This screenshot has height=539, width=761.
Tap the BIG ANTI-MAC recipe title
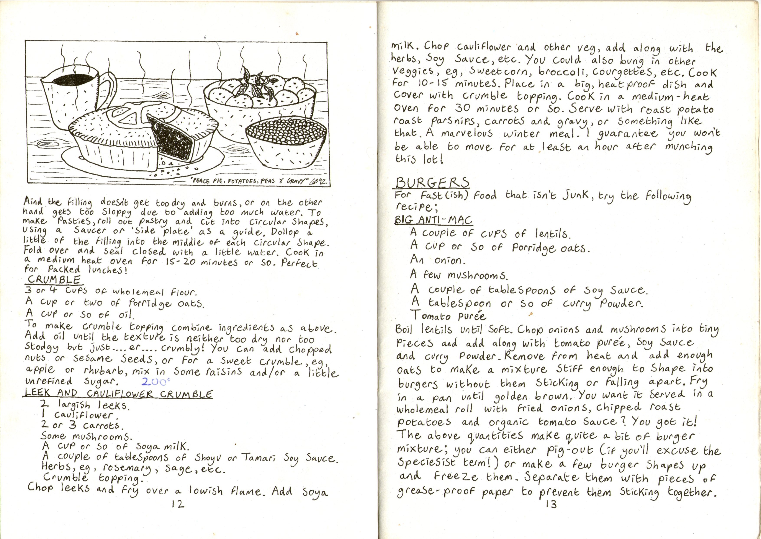pyautogui.click(x=433, y=220)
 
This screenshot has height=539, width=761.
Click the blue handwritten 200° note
pyautogui.click(x=155, y=382)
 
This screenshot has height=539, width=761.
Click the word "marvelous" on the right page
pyautogui.click(x=467, y=134)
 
